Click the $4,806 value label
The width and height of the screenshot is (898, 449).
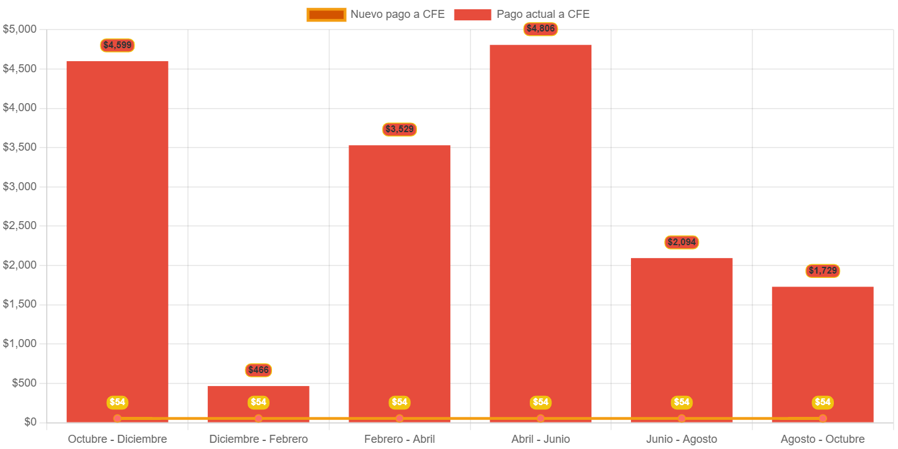[x=540, y=28]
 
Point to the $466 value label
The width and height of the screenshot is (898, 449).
[x=258, y=370]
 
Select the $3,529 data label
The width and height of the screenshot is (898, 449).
[x=400, y=129]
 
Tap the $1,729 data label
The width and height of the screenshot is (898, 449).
[x=823, y=271]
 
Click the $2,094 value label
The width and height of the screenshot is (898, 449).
[x=682, y=242]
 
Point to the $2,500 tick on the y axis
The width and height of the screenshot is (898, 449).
[x=20, y=225]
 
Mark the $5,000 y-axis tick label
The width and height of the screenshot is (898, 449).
[x=20, y=29]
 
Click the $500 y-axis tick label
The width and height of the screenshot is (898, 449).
[x=24, y=383]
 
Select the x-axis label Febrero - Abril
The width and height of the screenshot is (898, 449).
[x=400, y=439]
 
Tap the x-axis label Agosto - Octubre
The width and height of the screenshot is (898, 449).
[x=823, y=439]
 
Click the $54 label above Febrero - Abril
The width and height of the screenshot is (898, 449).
[x=400, y=402]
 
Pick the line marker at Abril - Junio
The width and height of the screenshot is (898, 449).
[x=540, y=419]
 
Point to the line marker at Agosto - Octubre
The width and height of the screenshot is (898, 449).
[x=823, y=419]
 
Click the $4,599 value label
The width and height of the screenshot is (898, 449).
[x=117, y=45]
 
